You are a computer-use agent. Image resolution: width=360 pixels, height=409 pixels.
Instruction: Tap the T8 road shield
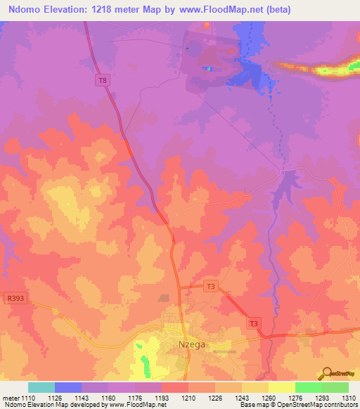103,81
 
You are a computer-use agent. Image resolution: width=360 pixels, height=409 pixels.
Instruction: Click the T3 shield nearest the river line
253,323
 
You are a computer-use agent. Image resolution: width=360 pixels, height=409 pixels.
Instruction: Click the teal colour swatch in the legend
41,387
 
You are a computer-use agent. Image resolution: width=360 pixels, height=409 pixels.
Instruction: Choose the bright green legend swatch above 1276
308,387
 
